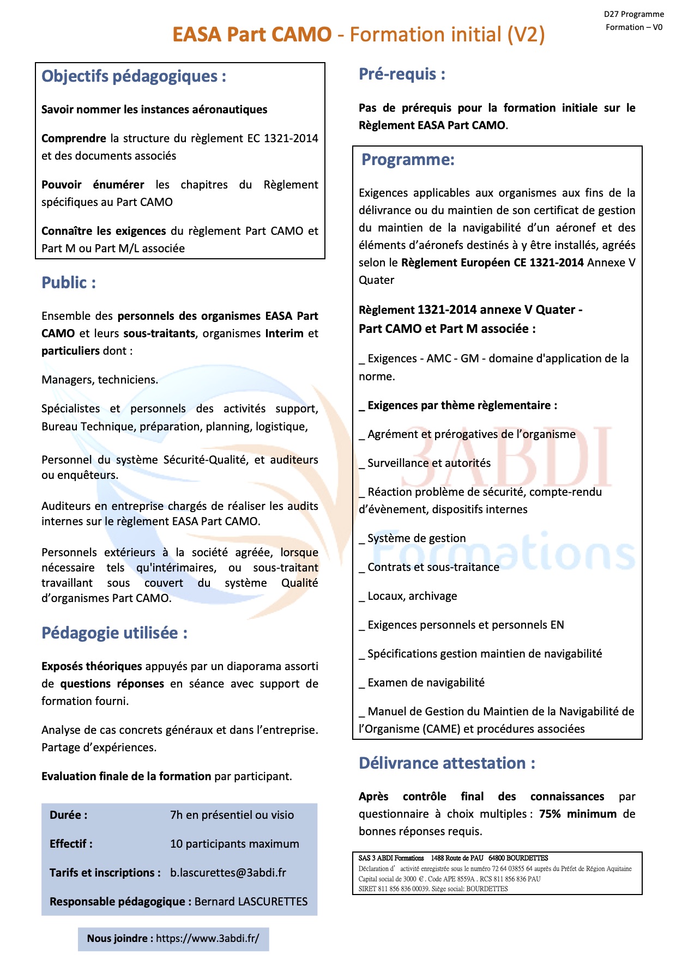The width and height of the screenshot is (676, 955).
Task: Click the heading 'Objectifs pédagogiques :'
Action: [134, 76]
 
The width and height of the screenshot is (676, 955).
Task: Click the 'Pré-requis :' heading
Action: [402, 74]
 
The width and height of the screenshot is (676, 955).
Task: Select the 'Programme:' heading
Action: [408, 160]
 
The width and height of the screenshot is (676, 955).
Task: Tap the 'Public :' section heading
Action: [69, 283]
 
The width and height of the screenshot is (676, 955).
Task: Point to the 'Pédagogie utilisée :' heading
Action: [114, 633]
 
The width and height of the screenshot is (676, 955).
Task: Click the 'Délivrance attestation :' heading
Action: [446, 763]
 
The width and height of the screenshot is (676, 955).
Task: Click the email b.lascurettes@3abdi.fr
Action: [228, 873]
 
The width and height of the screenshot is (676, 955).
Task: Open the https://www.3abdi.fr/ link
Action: [207, 938]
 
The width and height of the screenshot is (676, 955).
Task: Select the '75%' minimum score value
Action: [550, 814]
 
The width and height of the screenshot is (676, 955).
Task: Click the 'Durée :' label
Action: [68, 815]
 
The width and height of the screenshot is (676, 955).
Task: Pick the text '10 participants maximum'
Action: [234, 844]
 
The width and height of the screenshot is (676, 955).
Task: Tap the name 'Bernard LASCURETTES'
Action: [251, 902]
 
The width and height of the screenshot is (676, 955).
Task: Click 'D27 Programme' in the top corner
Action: [633, 14]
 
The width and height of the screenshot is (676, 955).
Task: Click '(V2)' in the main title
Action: [526, 35]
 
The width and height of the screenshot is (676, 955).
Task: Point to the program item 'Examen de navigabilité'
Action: [426, 683]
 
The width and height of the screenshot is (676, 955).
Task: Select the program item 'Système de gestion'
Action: [417, 538]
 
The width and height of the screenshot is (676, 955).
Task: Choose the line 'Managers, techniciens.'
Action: [100, 380]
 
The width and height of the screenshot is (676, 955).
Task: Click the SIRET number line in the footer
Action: [433, 889]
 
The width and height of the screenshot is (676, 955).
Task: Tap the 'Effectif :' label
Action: [71, 844]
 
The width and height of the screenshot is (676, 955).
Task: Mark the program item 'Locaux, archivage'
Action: [412, 596]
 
